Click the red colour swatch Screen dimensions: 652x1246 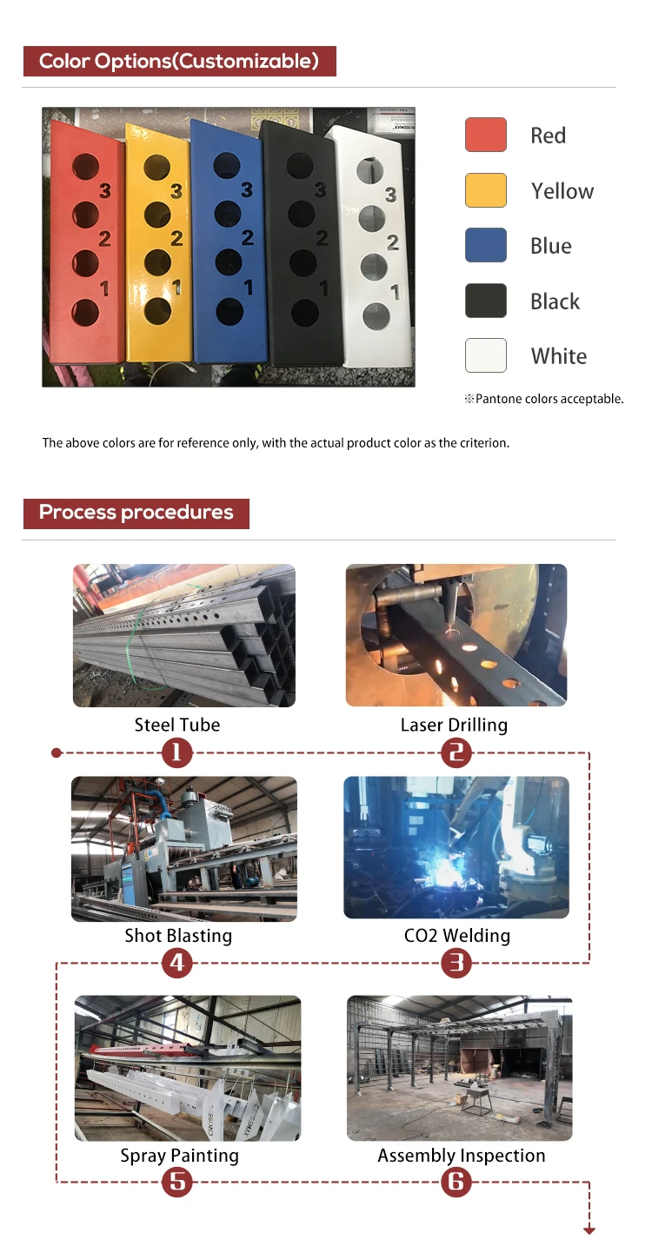click(x=486, y=135)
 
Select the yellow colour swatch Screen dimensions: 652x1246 click(x=486, y=190)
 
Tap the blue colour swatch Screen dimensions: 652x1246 click(x=486, y=245)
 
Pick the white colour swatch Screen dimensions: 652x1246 click(x=486, y=355)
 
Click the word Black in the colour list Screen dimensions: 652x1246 click(x=555, y=302)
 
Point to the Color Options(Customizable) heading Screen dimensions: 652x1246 click(x=179, y=61)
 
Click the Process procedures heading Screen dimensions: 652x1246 click(x=136, y=513)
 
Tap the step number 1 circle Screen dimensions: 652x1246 click(x=176, y=752)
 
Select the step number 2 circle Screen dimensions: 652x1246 click(x=456, y=752)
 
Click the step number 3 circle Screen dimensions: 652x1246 click(x=456, y=963)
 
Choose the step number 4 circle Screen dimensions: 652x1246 click(x=176, y=963)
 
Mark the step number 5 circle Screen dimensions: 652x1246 click(x=176, y=1182)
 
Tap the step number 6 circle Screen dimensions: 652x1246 click(x=456, y=1182)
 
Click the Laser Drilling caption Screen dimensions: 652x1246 click(x=454, y=725)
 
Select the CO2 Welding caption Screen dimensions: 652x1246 click(x=456, y=936)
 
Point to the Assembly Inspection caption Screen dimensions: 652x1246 click(x=462, y=1156)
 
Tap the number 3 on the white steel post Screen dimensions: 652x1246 click(x=391, y=195)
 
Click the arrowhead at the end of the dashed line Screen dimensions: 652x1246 click(x=589, y=1231)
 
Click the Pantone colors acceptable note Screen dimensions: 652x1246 click(x=544, y=399)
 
